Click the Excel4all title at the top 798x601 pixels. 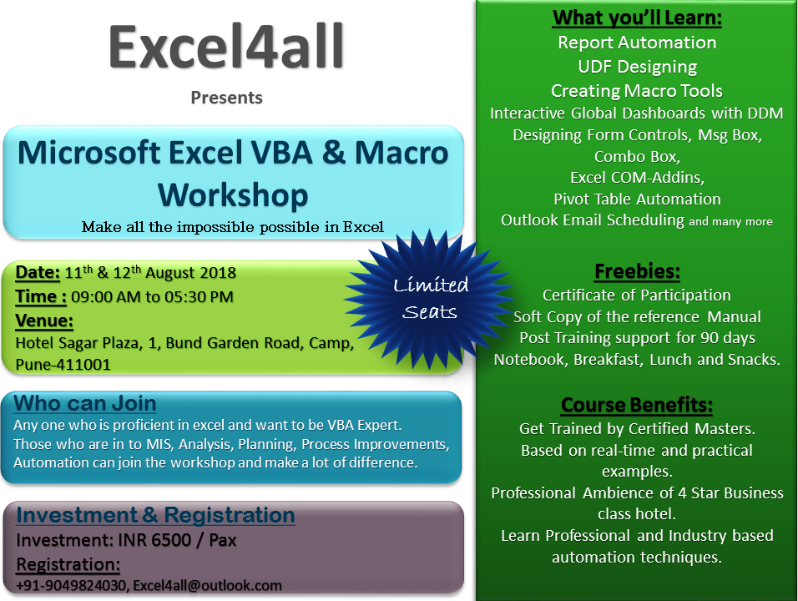point(226,47)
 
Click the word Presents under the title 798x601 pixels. point(226,97)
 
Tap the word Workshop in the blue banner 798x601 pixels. point(233,195)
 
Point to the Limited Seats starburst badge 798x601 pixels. point(431,298)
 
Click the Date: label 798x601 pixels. point(38,273)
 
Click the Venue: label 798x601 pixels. point(44,321)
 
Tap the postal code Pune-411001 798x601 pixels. point(63,365)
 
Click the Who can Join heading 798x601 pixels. point(85,403)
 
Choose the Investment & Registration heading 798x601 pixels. point(156,515)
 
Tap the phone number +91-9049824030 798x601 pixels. point(71,585)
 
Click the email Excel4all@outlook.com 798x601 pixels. point(208,585)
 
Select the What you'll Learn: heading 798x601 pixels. point(637,18)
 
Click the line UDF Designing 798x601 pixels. point(637,67)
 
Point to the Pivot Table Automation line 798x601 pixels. point(637,199)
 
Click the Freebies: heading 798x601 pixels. point(637,271)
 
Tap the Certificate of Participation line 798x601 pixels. point(637,295)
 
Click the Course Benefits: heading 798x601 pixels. point(637,405)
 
